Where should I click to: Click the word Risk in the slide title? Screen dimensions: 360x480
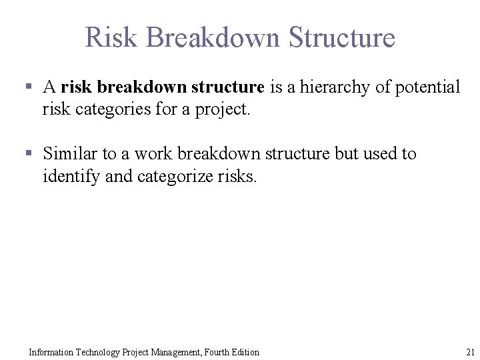pyautogui.click(x=112, y=37)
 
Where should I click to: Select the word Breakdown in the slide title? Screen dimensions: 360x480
pyautogui.click(x=213, y=37)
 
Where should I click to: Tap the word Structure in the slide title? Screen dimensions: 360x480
pyautogui.click(x=342, y=37)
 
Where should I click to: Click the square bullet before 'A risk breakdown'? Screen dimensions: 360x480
pyautogui.click(x=29, y=87)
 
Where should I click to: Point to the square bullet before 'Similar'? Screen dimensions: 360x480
pyautogui.click(x=29, y=154)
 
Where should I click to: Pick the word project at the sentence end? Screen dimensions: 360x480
pyautogui.click(x=222, y=109)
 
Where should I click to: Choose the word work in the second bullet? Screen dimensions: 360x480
pyautogui.click(x=151, y=154)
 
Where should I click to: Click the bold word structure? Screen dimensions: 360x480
pyautogui.click(x=227, y=87)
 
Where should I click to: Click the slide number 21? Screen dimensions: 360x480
pyautogui.click(x=469, y=352)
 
